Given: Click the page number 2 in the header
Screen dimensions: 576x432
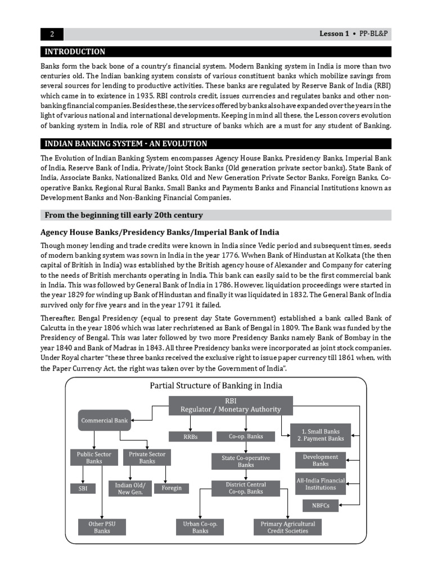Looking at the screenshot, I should (x=52, y=34).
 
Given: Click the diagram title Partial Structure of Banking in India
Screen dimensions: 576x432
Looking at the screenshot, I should (x=215, y=386).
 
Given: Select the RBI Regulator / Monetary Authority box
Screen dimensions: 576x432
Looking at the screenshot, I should (x=231, y=405).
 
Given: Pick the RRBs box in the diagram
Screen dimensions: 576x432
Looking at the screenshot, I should (x=190, y=436).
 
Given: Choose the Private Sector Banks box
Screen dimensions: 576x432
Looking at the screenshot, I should (x=147, y=457).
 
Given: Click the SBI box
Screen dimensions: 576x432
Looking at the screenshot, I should (x=83, y=488).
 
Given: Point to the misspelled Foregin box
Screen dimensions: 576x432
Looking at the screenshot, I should (x=172, y=488).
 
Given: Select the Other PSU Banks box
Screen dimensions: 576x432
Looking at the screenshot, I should (x=102, y=527).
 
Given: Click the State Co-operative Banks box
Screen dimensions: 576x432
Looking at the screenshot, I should (x=246, y=461).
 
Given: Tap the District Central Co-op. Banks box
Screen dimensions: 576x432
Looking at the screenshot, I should (x=246, y=488).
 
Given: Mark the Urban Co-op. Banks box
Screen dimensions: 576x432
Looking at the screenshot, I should (x=200, y=527).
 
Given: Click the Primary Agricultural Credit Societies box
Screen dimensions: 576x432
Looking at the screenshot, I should (x=287, y=527).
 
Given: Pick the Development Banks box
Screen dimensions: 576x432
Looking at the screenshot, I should (x=320, y=460).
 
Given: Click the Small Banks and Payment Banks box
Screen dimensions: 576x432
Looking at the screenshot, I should (x=320, y=435).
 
